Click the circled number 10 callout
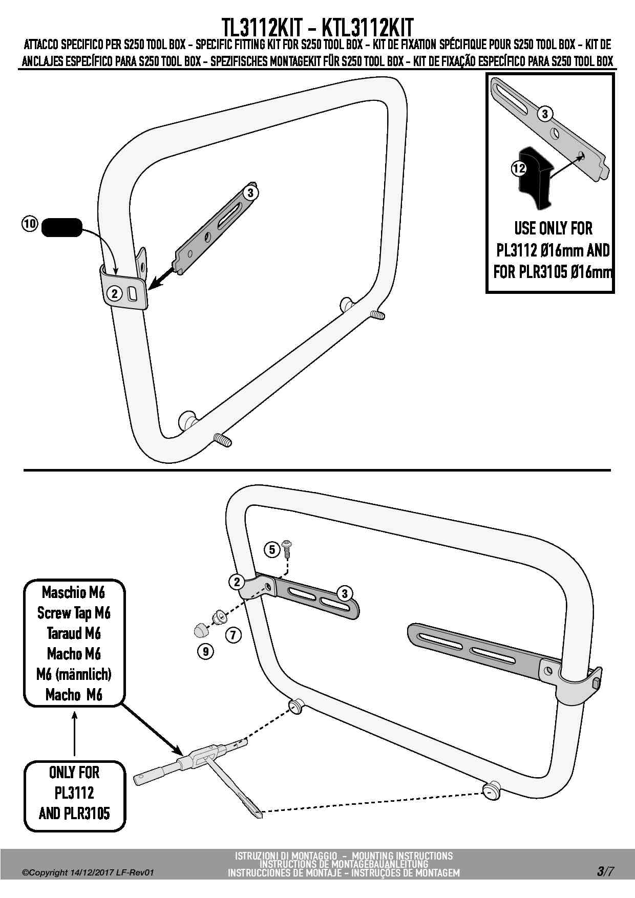click(30, 224)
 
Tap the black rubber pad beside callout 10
click(61, 227)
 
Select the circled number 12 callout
click(519, 168)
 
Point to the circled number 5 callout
click(271, 550)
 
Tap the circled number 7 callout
click(233, 635)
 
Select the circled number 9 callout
click(205, 651)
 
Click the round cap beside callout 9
click(201, 629)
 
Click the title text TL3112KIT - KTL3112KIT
click(317, 27)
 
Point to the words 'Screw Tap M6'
click(74, 613)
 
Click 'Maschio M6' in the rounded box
click(74, 592)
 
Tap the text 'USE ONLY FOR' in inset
click(553, 228)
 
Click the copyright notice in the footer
click(88, 873)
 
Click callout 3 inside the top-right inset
click(544, 114)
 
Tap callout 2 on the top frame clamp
click(114, 293)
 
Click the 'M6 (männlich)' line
click(74, 674)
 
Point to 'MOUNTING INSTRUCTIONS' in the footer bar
click(403, 856)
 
